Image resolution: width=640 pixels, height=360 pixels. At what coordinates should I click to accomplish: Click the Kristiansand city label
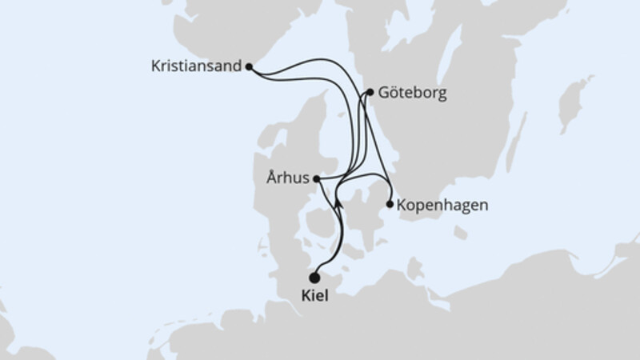(x=195, y=67)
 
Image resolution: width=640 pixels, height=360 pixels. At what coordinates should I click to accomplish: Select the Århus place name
(x=289, y=179)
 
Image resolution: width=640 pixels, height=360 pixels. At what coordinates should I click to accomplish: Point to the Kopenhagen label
(x=442, y=205)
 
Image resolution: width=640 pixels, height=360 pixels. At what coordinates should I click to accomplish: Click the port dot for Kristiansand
(x=249, y=67)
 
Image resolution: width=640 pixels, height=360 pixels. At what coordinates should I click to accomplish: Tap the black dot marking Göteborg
(x=370, y=93)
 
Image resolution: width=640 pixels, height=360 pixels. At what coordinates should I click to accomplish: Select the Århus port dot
(x=317, y=179)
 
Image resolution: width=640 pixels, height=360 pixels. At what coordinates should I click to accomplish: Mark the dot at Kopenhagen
(x=390, y=205)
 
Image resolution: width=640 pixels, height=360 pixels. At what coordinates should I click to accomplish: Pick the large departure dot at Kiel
(x=314, y=278)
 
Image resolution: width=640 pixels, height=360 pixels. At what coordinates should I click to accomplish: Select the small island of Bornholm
(x=461, y=233)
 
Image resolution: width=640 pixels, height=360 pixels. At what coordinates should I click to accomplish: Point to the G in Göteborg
(x=386, y=93)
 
